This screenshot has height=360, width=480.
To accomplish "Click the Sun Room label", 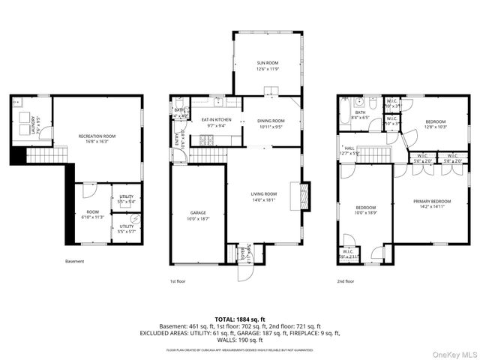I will pyautogui.click(x=267, y=66).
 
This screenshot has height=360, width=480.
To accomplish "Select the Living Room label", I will pyautogui.click(x=264, y=196).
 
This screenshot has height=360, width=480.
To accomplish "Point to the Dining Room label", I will pyautogui.click(x=271, y=123).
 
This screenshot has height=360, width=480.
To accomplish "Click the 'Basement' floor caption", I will pyautogui.click(x=75, y=262).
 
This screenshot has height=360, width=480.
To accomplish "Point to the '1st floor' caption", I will pyautogui.click(x=177, y=281).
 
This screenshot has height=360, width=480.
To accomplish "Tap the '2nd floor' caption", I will pyautogui.click(x=346, y=281).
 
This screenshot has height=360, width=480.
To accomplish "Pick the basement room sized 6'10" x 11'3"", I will pyautogui.click(x=91, y=214).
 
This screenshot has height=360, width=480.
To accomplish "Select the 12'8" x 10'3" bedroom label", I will pyautogui.click(x=436, y=124).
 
